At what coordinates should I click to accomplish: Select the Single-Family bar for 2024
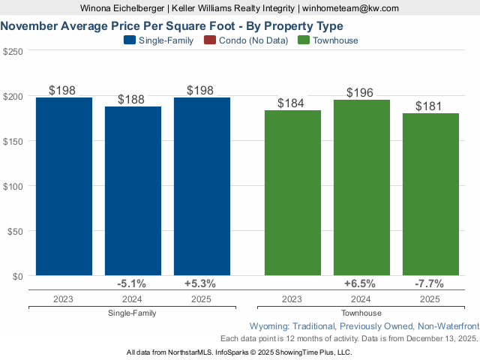pos(133,191)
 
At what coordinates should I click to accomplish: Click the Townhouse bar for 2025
pos(430,194)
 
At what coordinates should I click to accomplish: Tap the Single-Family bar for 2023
pos(64,187)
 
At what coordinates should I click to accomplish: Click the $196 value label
pos(361,92)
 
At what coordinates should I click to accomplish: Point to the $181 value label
pos(430,105)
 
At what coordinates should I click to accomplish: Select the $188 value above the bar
pos(132,100)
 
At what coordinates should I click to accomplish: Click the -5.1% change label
pos(132,284)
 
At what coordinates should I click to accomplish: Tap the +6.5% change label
pos(361,284)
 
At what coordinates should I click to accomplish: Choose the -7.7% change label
pos(430,284)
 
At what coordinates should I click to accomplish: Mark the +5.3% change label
pos(200,284)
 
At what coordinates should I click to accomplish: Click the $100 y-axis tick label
pos(13,186)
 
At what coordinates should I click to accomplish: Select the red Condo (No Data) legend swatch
pos(211,40)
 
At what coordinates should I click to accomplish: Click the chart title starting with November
pos(172,25)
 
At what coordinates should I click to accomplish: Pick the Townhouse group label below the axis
pos(361,313)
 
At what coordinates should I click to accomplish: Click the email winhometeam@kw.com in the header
pos(351,8)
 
